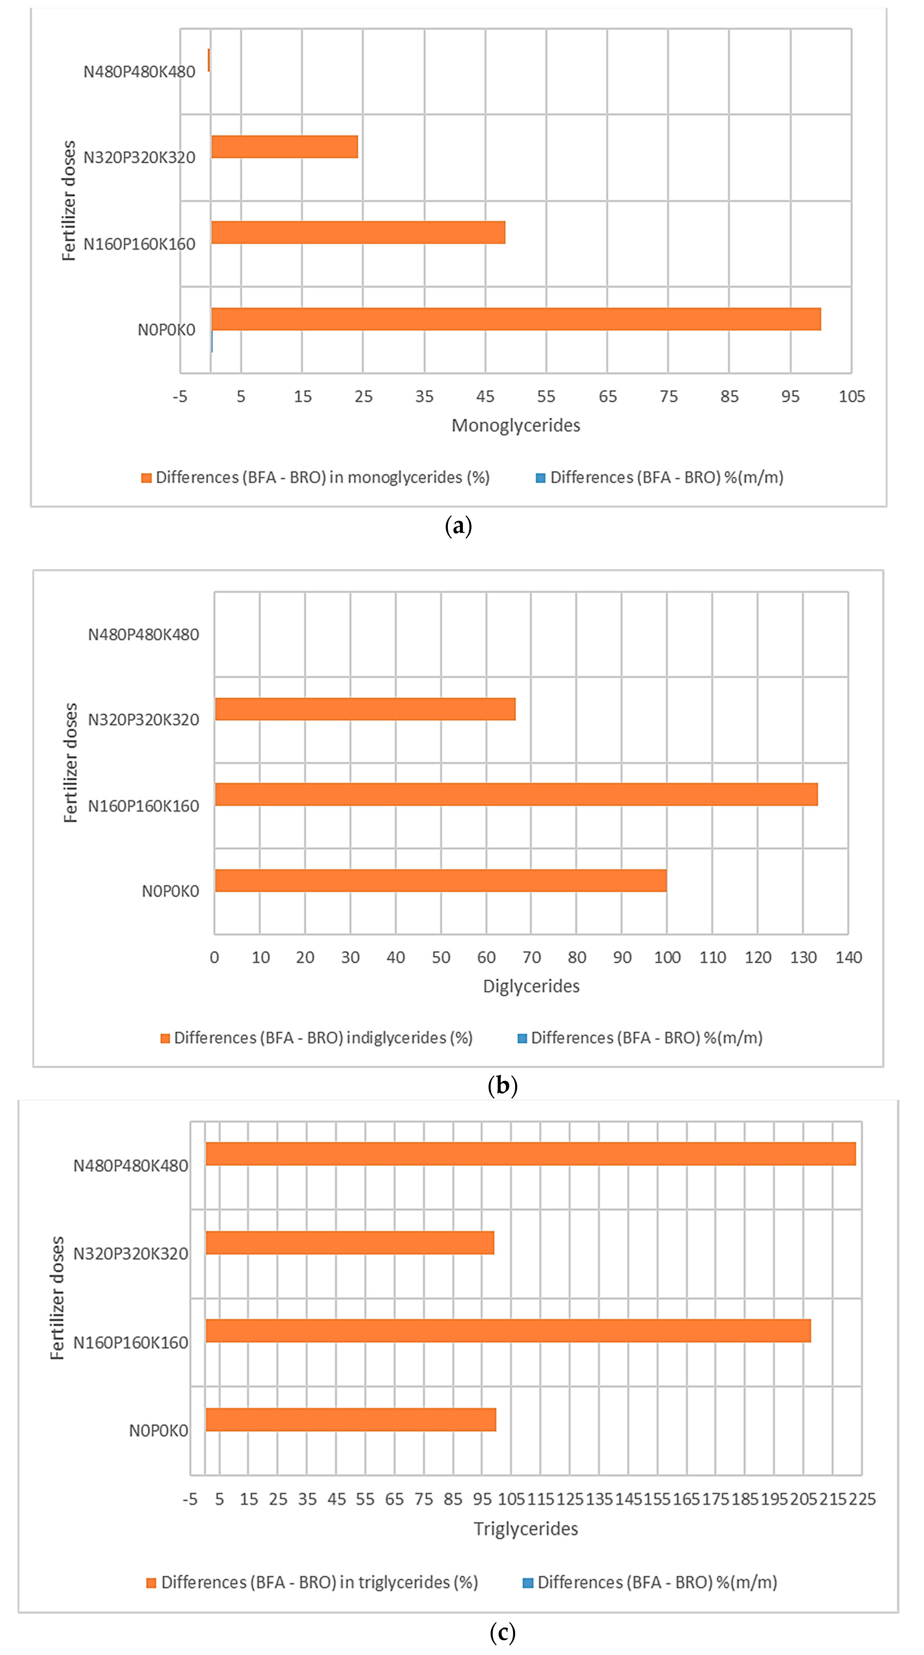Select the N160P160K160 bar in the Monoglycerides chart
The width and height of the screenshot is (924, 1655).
(358, 233)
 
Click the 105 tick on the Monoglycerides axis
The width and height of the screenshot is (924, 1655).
(851, 396)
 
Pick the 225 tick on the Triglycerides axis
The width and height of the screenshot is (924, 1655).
(862, 1499)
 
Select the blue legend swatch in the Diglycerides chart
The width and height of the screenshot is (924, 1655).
(523, 1038)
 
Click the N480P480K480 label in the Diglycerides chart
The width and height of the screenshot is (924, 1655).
(143, 635)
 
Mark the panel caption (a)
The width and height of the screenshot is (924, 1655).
(458, 526)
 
